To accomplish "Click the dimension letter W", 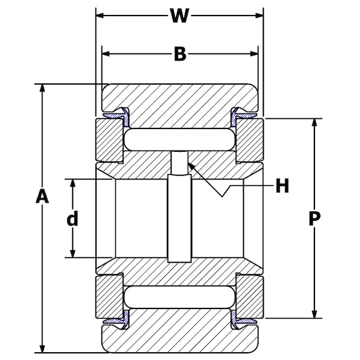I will tap(179, 15).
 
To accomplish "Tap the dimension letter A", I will tap(41, 197).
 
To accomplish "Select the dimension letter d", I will tap(72, 219).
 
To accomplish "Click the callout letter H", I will tap(282, 186).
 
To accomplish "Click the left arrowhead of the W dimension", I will tap(100, 15).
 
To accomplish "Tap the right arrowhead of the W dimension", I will tap(260, 15).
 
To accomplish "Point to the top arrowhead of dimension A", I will tap(42, 88).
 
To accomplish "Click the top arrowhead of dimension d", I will tap(73, 182).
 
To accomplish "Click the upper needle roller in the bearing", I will tap(179, 139).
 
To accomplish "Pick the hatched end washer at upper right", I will tap(249, 140).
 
